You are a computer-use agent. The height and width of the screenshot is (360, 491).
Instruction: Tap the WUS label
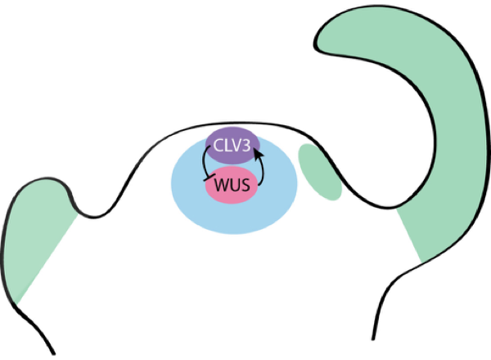pyautogui.click(x=232, y=184)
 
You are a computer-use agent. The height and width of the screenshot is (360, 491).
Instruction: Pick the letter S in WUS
pyautogui.click(x=245, y=184)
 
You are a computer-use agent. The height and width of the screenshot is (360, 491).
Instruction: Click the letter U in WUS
pyautogui.click(x=233, y=184)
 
